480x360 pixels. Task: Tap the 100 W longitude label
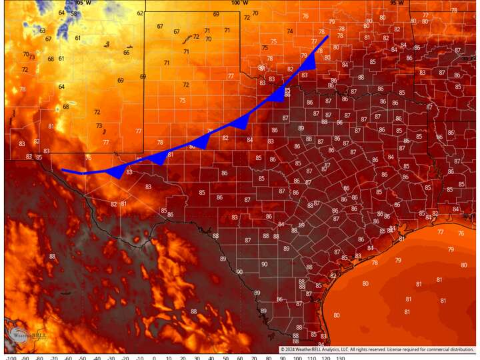click(x=239, y=3)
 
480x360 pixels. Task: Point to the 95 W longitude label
click(x=398, y=3)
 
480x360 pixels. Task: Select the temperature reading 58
click(x=74, y=13)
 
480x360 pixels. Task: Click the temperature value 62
click(x=141, y=13)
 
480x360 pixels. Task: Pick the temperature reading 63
click(x=43, y=31)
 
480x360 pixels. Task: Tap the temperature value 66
click(x=127, y=53)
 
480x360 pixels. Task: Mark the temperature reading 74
click(x=290, y=31)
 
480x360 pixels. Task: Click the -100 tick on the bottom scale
click(x=11, y=357)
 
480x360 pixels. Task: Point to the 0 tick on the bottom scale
click(x=154, y=357)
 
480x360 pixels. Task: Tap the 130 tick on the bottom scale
click(x=340, y=357)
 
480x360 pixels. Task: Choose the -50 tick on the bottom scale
click(x=83, y=357)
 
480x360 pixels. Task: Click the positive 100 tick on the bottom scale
click(x=297, y=357)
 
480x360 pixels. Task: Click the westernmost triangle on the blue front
click(x=115, y=172)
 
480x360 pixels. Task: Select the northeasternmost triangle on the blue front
click(x=309, y=61)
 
